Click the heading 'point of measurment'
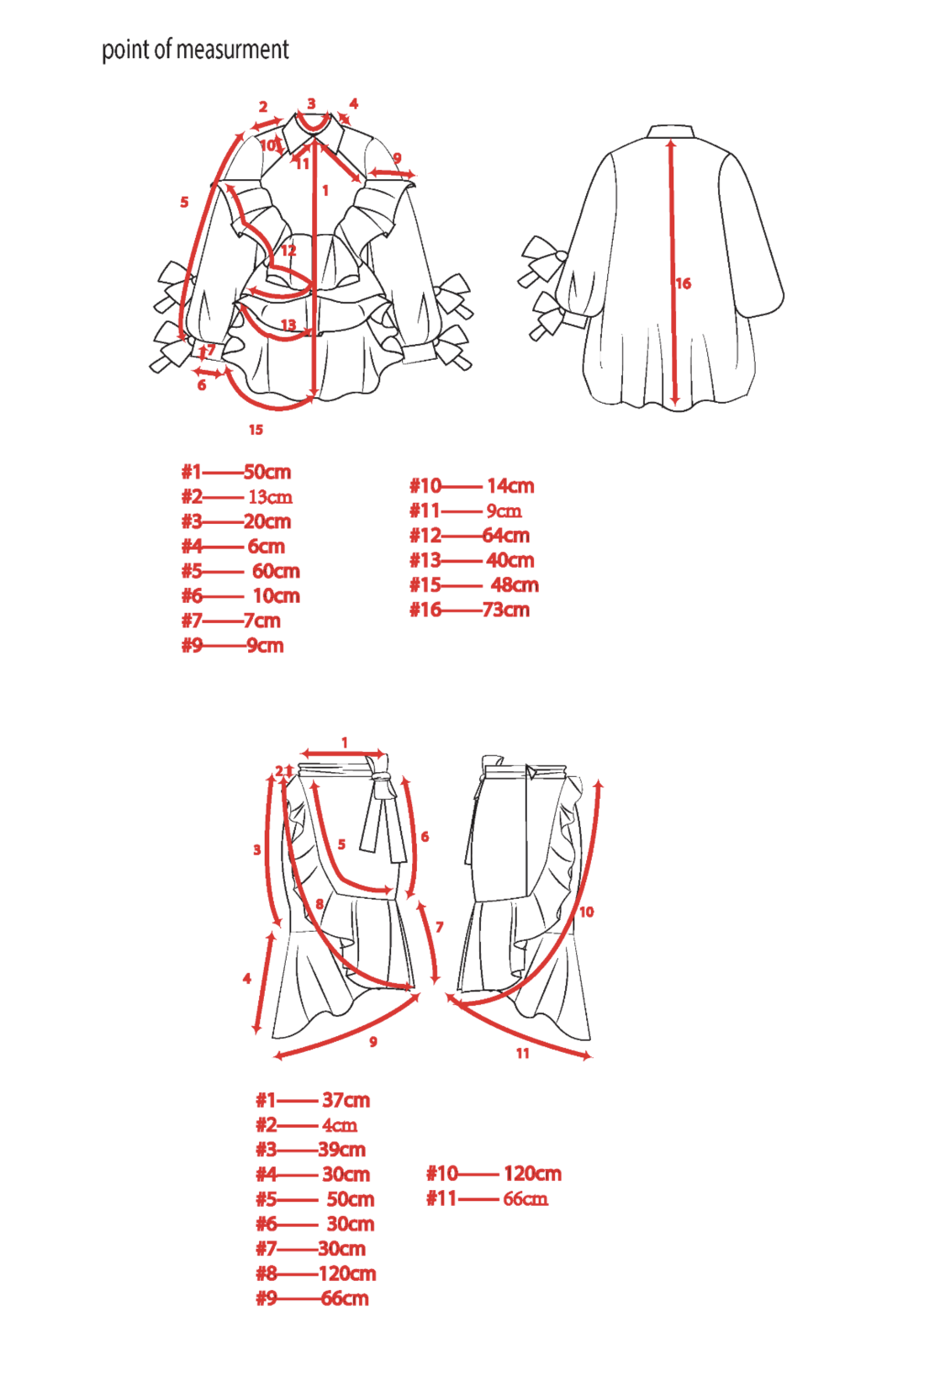click(x=195, y=50)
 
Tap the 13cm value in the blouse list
click(x=270, y=497)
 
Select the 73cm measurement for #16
click(x=506, y=610)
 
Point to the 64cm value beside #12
click(x=506, y=536)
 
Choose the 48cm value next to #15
click(x=515, y=585)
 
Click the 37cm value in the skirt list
click(x=346, y=1100)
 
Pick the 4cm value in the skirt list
click(x=340, y=1125)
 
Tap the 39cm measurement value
click(x=341, y=1150)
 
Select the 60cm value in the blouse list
click(x=276, y=571)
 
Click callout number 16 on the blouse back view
click(x=684, y=284)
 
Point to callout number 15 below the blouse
click(x=256, y=430)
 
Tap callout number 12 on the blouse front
click(x=288, y=250)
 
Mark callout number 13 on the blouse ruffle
click(x=288, y=325)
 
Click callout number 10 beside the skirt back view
click(x=587, y=912)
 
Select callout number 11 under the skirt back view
click(x=523, y=1053)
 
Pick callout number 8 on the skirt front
click(x=320, y=904)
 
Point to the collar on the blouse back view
click(x=671, y=132)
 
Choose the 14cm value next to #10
click(x=510, y=486)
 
